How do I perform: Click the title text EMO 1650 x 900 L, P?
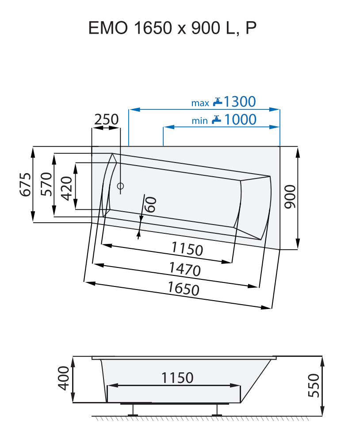[x=172, y=28]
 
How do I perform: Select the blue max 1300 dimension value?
[x=239, y=102]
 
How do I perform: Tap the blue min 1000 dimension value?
[x=240, y=120]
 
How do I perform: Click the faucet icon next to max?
[x=217, y=102]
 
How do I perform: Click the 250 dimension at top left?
[x=106, y=120]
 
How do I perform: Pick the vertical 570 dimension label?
[x=46, y=184]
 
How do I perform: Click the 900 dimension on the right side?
[x=290, y=197]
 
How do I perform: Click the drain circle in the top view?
[x=121, y=186]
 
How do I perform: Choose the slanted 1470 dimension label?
[x=184, y=268]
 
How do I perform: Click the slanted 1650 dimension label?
[x=183, y=289]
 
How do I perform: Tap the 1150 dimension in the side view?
[x=177, y=378]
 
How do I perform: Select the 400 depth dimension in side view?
[x=64, y=379]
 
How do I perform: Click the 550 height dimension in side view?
[x=313, y=386]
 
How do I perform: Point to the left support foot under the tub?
[x=132, y=410]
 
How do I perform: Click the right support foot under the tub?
[x=216, y=410]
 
